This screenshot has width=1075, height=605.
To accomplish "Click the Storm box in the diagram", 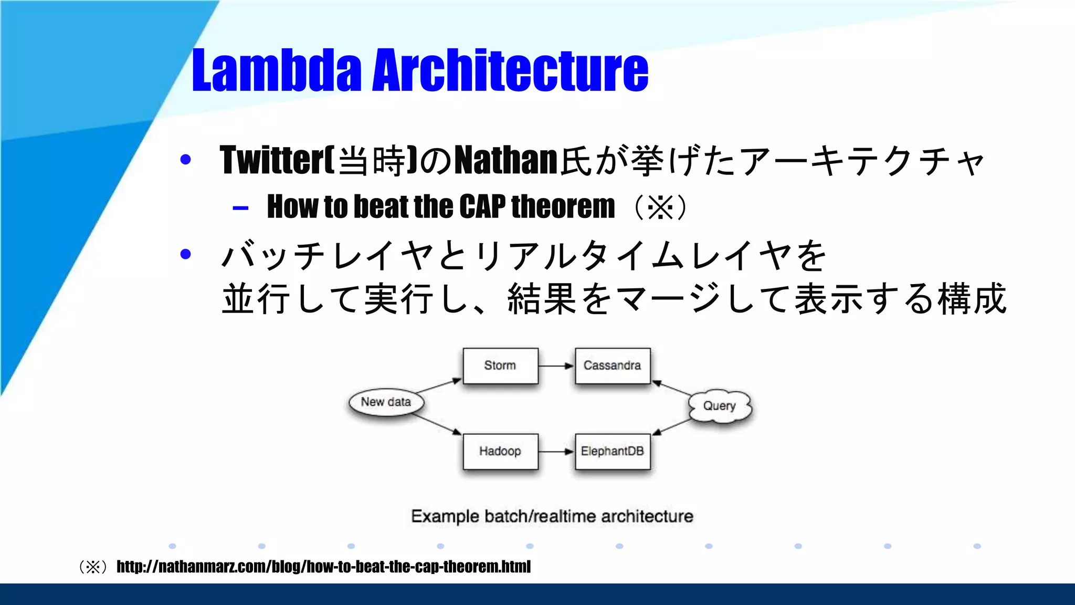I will pyautogui.click(x=500, y=366).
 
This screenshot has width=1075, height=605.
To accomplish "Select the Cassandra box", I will pyautogui.click(x=613, y=366).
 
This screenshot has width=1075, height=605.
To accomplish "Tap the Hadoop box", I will pyautogui.click(x=500, y=452).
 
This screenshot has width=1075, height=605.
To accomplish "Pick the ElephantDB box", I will pyautogui.click(x=613, y=452).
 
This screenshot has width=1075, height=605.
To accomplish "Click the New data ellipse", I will pyautogui.click(x=386, y=402).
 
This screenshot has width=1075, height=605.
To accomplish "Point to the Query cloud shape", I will pyautogui.click(x=720, y=406).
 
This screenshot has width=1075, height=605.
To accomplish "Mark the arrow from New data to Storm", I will pyautogui.click(x=438, y=386).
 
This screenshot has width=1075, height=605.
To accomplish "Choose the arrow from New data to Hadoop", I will pyautogui.click(x=437, y=424).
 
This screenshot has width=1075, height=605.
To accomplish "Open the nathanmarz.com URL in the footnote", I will pyautogui.click(x=323, y=567).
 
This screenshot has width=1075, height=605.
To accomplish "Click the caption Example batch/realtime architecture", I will pyautogui.click(x=552, y=516).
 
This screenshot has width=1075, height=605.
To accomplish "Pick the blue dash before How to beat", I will pyautogui.click(x=240, y=208).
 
